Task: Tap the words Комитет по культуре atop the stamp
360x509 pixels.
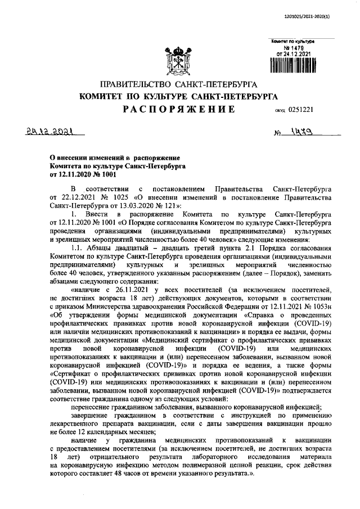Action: point(292,41)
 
